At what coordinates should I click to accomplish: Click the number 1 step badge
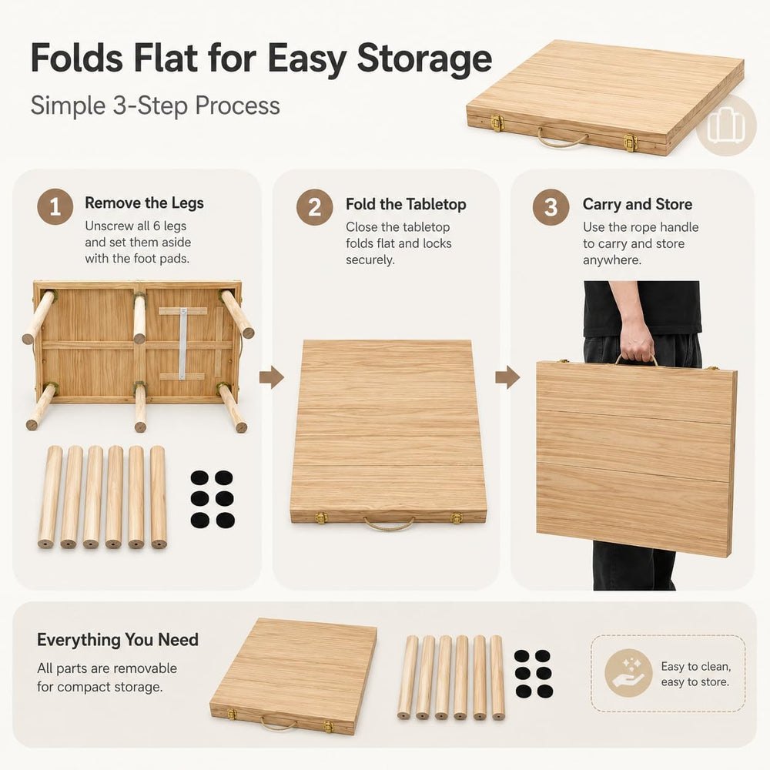tap(55, 206)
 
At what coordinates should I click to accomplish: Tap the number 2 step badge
tap(315, 207)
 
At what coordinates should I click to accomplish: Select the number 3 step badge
tap(551, 207)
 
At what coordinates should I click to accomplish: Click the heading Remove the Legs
tap(144, 203)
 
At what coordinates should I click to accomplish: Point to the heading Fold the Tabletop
tap(406, 204)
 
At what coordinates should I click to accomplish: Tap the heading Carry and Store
tap(638, 204)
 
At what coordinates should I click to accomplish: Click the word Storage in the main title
tap(424, 59)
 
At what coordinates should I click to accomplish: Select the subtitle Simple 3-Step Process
tap(156, 105)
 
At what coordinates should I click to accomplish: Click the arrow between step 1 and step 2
tap(272, 377)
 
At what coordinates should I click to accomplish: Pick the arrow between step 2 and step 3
tap(507, 377)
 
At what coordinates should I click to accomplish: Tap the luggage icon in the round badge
tap(726, 126)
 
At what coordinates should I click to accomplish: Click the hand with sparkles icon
tap(628, 673)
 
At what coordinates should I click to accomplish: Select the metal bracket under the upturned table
tap(182, 343)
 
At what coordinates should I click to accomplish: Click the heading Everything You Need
tap(118, 639)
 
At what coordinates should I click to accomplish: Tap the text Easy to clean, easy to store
tap(695, 674)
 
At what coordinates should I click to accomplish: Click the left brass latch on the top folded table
tap(497, 122)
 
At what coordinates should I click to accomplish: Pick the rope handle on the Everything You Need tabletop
tap(278, 723)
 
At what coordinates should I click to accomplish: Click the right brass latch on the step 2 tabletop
tap(457, 518)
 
